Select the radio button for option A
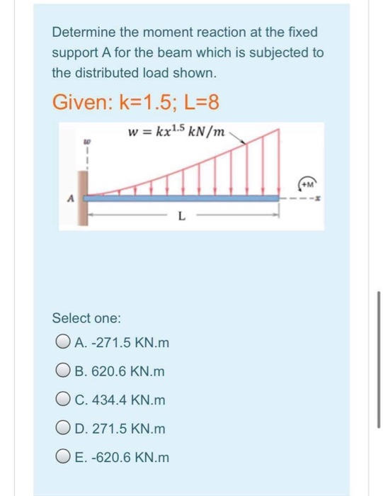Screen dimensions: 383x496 (59, 344)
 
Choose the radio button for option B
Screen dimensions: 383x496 (59, 372)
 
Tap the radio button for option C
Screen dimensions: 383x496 (59, 400)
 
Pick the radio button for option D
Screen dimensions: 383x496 (59, 429)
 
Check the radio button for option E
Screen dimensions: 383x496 (59, 457)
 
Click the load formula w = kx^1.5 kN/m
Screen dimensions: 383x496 (176, 132)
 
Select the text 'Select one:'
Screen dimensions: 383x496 (87, 317)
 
